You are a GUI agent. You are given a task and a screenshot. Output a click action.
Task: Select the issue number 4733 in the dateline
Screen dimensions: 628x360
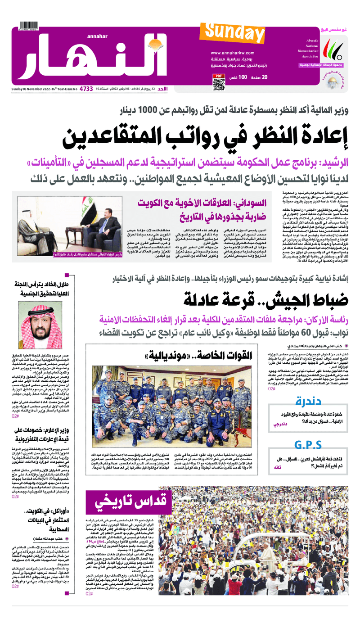coord(86,89)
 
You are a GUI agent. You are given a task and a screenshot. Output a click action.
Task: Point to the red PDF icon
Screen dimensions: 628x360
coord(218,75)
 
